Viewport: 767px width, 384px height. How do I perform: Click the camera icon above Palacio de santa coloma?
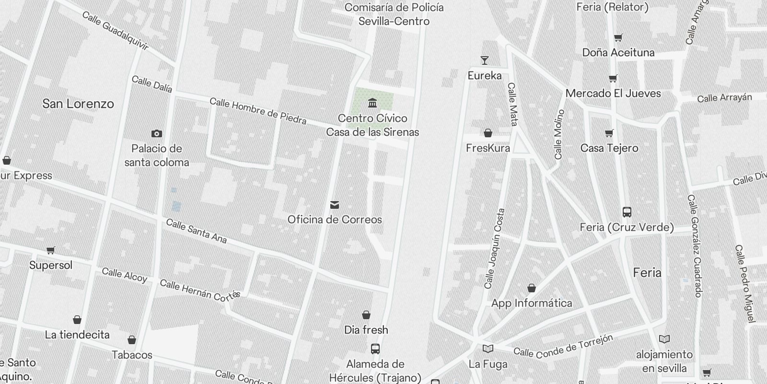tap(156, 134)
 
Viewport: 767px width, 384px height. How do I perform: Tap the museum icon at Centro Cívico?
tap(372, 103)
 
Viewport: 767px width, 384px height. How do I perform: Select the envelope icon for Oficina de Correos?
tap(335, 205)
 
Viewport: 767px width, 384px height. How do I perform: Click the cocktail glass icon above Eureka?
tap(485, 60)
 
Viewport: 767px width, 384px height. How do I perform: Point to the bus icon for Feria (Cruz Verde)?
tap(627, 212)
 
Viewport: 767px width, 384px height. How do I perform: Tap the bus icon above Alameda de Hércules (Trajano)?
tap(375, 349)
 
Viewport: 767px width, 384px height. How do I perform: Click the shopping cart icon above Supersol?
tap(51, 250)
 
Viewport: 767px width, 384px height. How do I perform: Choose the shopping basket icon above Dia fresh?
tap(366, 315)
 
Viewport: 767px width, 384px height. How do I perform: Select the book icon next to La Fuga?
tap(488, 349)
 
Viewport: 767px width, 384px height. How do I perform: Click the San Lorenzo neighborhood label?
tap(78, 104)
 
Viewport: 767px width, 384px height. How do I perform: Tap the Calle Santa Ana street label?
tap(197, 231)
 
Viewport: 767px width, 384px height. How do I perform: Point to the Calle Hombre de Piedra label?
tap(258, 111)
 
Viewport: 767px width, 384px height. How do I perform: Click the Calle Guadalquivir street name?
tap(115, 31)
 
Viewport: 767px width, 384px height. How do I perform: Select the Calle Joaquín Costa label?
tap(495, 249)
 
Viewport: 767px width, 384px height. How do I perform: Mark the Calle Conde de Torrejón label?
tap(563, 347)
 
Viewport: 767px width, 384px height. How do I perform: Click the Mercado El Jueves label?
tap(613, 94)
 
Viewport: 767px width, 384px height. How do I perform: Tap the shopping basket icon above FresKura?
tap(488, 133)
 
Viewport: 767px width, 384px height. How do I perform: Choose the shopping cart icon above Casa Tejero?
tap(609, 133)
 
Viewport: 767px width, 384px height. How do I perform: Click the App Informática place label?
tap(532, 303)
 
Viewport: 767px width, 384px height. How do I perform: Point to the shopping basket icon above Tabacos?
tap(132, 340)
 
